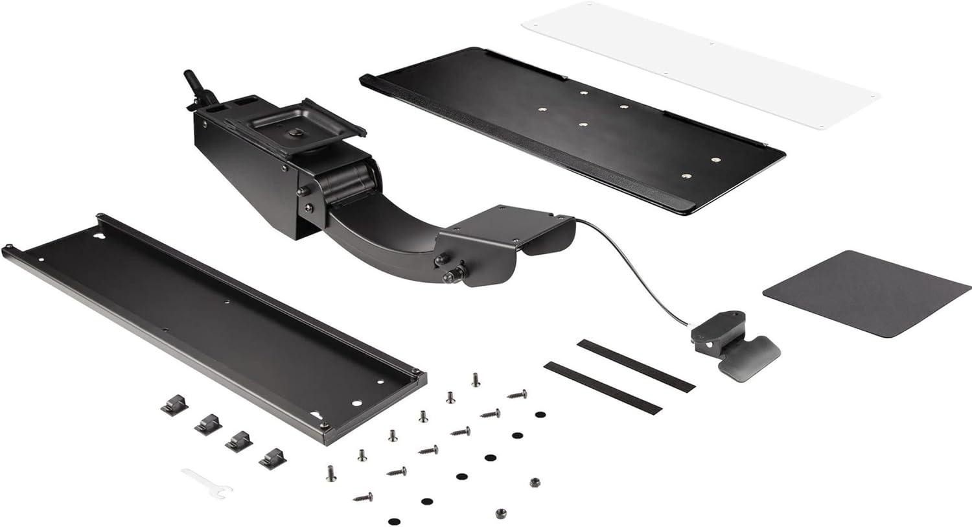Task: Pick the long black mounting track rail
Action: click(214, 324)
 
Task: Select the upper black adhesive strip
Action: click(635, 364)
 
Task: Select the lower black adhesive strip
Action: click(603, 388)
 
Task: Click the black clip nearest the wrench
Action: click(273, 458)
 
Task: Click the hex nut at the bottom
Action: click(500, 513)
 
